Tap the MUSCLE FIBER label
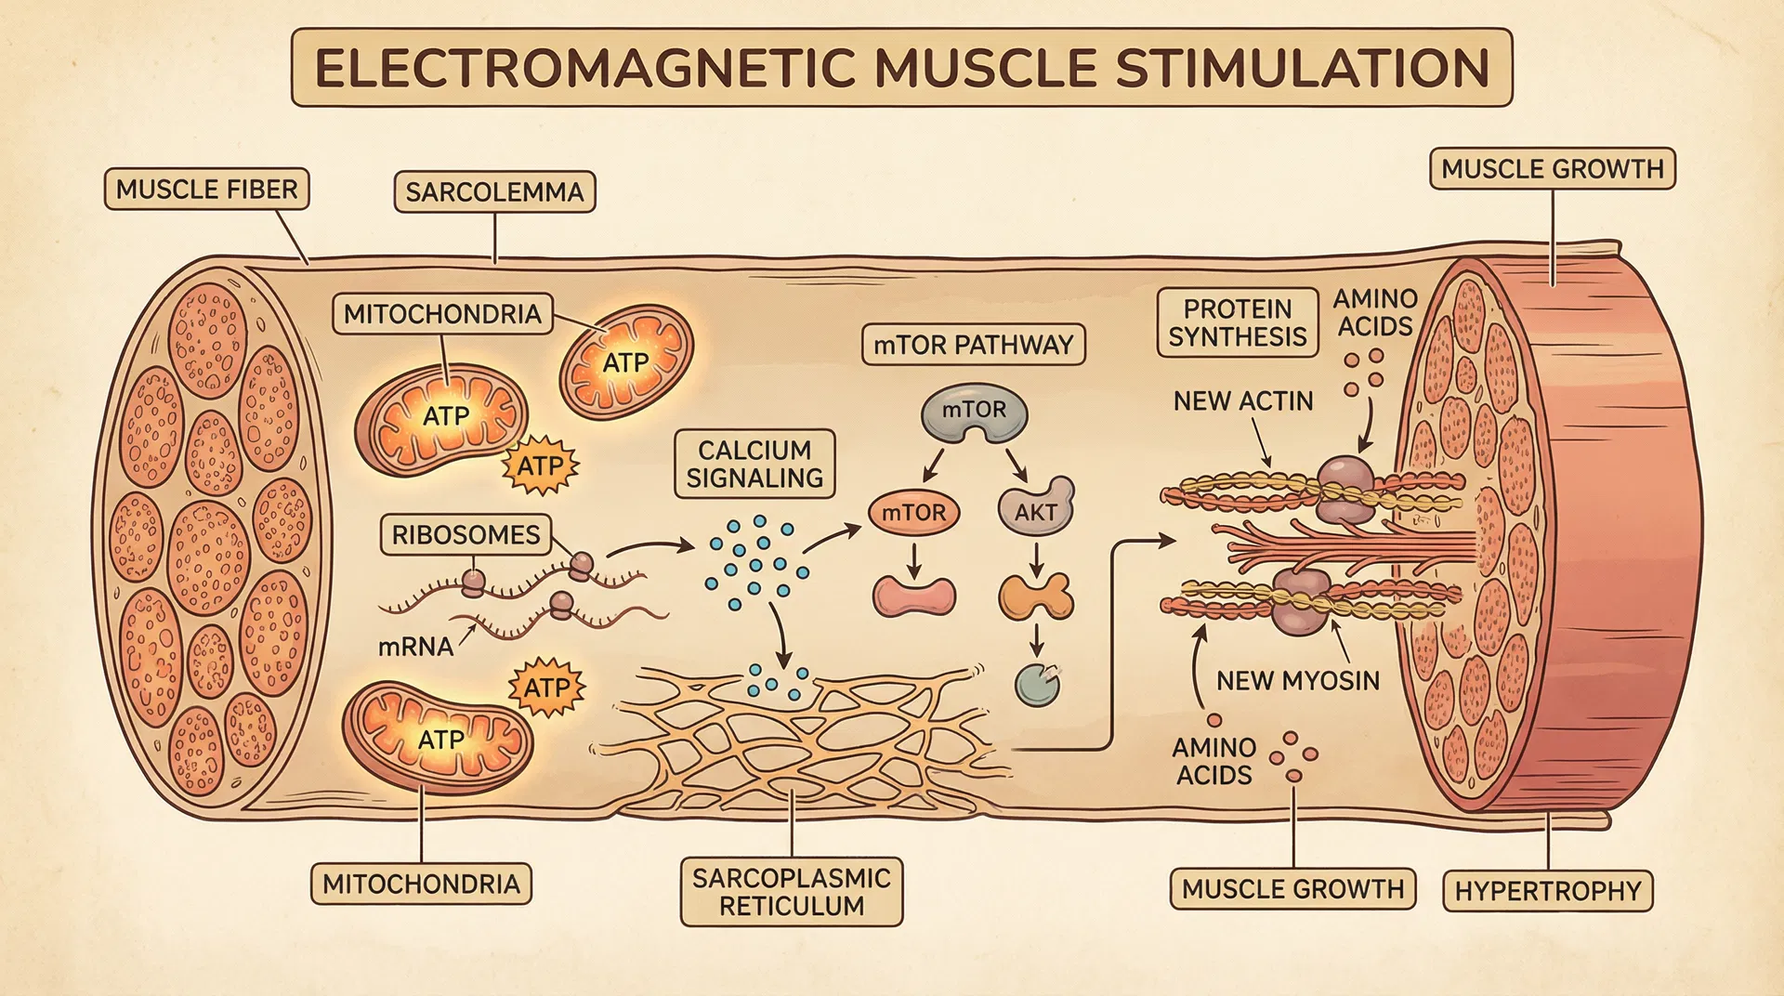[206, 189]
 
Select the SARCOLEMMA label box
[494, 191]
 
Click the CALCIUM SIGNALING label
[754, 464]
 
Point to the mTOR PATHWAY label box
[973, 345]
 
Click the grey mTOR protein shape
[974, 412]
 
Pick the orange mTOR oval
[913, 513]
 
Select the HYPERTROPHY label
[1547, 891]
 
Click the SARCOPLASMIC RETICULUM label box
[792, 892]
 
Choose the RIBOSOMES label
[466, 535]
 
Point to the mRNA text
[415, 647]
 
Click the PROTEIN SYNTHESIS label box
[1237, 322]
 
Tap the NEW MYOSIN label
[1297, 681]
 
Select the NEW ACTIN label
[1242, 401]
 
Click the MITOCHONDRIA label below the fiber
[421, 884]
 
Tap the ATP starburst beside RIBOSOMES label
[540, 465]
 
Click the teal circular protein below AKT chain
[1036, 686]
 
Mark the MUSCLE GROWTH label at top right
[1552, 168]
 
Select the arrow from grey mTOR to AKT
[1016, 464]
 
